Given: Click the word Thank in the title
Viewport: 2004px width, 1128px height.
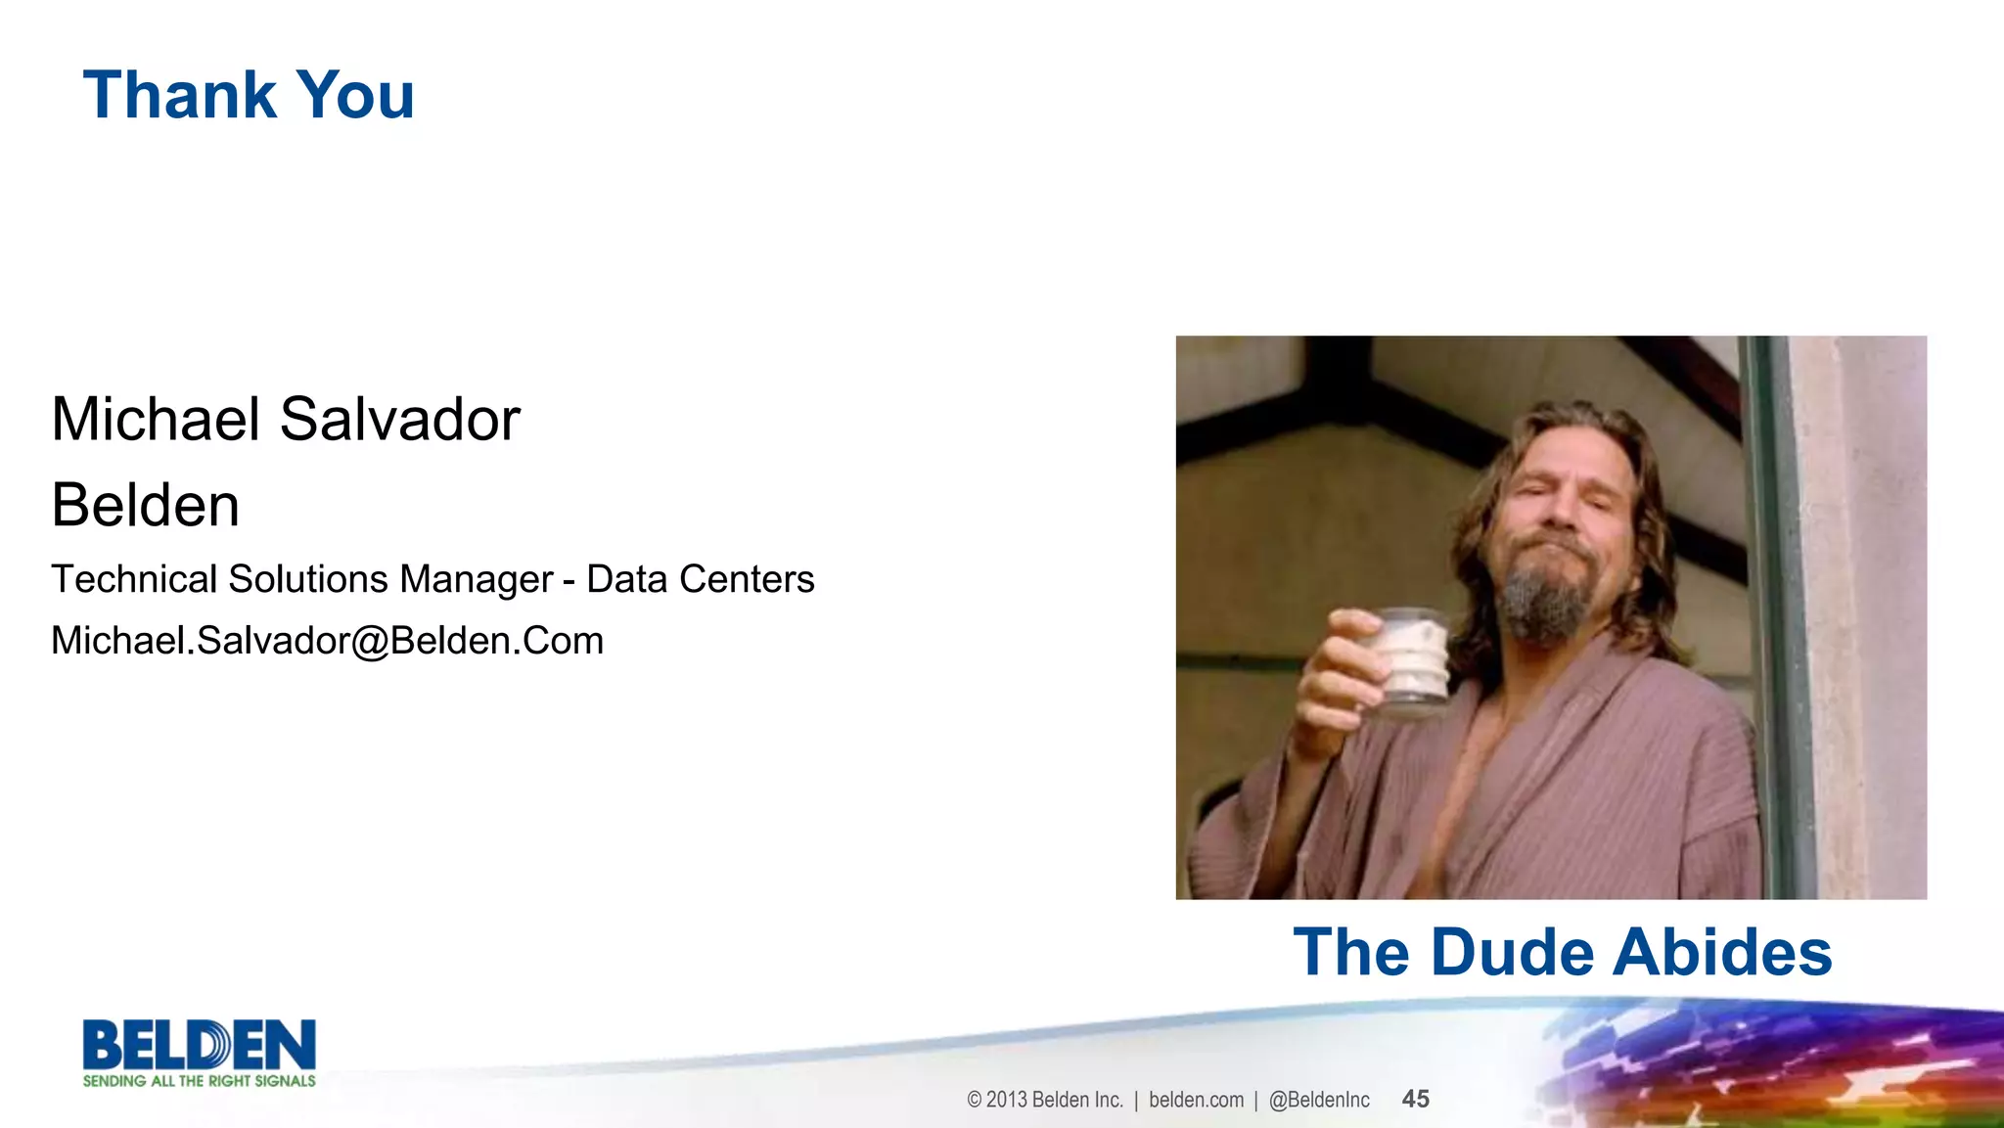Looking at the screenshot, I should [180, 96].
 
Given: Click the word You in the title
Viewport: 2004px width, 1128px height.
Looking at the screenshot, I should [355, 96].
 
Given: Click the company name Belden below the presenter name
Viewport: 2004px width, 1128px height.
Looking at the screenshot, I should [145, 506].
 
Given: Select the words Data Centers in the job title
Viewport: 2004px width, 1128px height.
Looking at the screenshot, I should [700, 579].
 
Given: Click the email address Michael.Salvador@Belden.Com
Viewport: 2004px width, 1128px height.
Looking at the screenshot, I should [327, 641].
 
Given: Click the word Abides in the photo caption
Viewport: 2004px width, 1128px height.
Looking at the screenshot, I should [1722, 952].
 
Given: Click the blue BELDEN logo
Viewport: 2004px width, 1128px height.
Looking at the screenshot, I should [200, 1045].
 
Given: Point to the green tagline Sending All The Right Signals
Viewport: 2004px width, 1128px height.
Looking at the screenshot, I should [200, 1081].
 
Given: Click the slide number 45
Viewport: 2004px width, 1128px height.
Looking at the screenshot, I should [1415, 1099].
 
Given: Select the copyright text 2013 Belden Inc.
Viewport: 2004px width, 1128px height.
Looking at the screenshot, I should [1054, 1100].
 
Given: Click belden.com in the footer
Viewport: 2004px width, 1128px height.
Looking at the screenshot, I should [1196, 1100].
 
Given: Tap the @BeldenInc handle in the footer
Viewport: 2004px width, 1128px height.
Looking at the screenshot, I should [1319, 1100].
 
